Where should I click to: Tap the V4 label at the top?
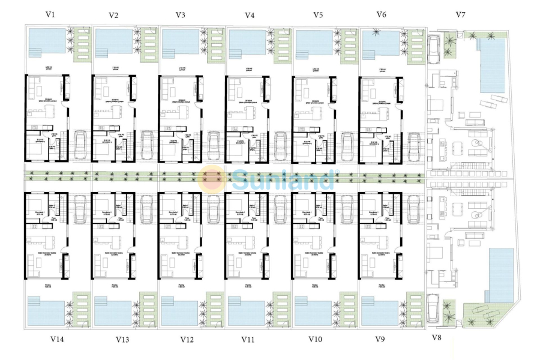pyautogui.click(x=250, y=15)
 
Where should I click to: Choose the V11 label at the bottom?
pyautogui.click(x=248, y=340)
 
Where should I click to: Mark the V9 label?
pyautogui.click(x=380, y=339)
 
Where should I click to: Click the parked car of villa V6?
pyautogui.click(x=413, y=144)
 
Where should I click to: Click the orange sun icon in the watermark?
pyautogui.click(x=214, y=178)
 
